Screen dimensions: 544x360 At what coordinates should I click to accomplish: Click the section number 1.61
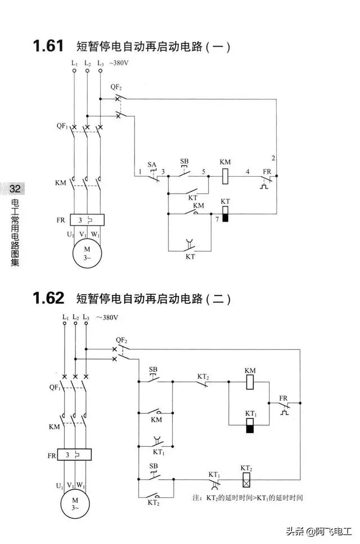pos(48,46)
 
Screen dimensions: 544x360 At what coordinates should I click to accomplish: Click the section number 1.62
pos(48,298)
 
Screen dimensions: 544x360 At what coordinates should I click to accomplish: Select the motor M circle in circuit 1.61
pos(87,253)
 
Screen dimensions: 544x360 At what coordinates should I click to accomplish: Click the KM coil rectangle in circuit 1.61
pos(225,176)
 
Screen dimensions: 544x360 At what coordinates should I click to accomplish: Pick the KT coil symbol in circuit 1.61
pos(225,214)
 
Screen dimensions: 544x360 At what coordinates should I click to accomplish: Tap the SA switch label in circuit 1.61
pos(152,164)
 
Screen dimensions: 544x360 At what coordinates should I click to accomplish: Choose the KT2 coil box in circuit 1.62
pos(246,480)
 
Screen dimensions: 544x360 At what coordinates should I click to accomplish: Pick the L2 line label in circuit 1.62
pos(75,318)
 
